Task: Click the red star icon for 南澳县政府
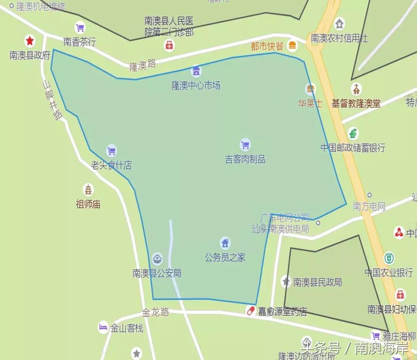[30, 41]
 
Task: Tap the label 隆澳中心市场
[196, 85]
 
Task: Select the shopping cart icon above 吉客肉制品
[245, 145]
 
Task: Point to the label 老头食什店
[111, 165]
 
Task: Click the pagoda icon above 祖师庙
[89, 190]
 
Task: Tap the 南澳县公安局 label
[157, 273]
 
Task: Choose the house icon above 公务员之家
[225, 243]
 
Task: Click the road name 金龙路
[156, 312]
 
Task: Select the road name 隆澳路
[142, 65]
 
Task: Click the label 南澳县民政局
[317, 282]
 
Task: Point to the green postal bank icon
[353, 134]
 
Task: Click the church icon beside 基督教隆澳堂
[356, 89]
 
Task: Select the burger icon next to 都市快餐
[292, 46]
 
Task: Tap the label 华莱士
[310, 104]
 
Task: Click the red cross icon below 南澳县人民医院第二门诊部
[169, 46]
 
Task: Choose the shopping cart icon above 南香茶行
[80, 28]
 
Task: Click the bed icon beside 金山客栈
[103, 328]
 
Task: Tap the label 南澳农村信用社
[339, 38]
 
